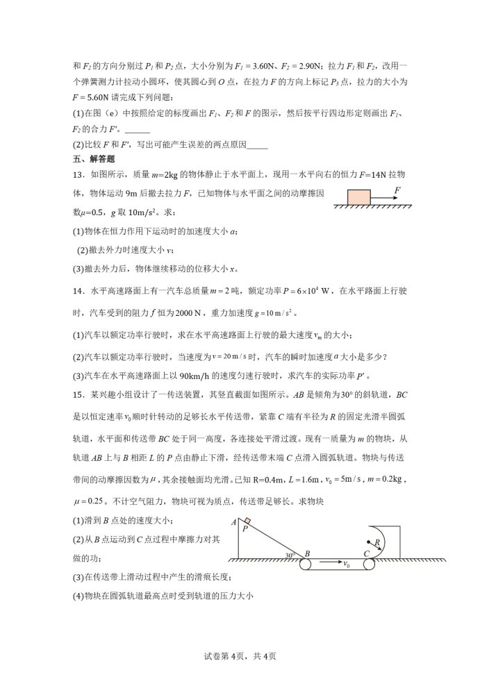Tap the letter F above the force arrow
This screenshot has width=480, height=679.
coord(397,188)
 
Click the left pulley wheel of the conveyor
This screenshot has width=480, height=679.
coord(306,564)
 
